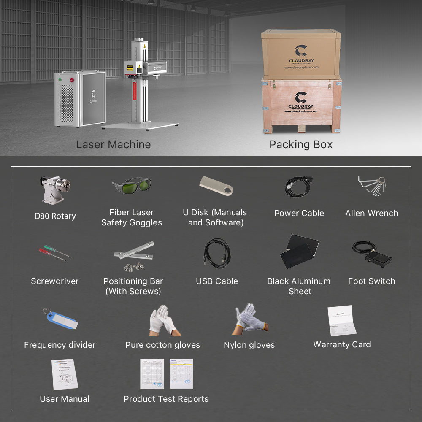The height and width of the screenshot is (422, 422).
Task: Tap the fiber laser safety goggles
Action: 132,185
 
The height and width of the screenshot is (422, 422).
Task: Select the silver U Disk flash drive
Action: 216,185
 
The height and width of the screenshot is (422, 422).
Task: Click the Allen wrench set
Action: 372,185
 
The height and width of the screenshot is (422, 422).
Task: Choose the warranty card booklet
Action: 341,321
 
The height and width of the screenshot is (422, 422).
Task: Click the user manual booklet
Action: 65,374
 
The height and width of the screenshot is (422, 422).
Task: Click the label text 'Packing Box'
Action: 301,144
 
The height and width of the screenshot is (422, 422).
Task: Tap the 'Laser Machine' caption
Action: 113,144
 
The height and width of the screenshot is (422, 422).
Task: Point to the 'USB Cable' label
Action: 217,281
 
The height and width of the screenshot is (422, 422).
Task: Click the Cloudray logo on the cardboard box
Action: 301,51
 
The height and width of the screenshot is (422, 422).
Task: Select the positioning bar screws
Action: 134,266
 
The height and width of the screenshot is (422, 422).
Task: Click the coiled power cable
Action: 298,187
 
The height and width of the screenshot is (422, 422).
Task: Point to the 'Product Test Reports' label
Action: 166,399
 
